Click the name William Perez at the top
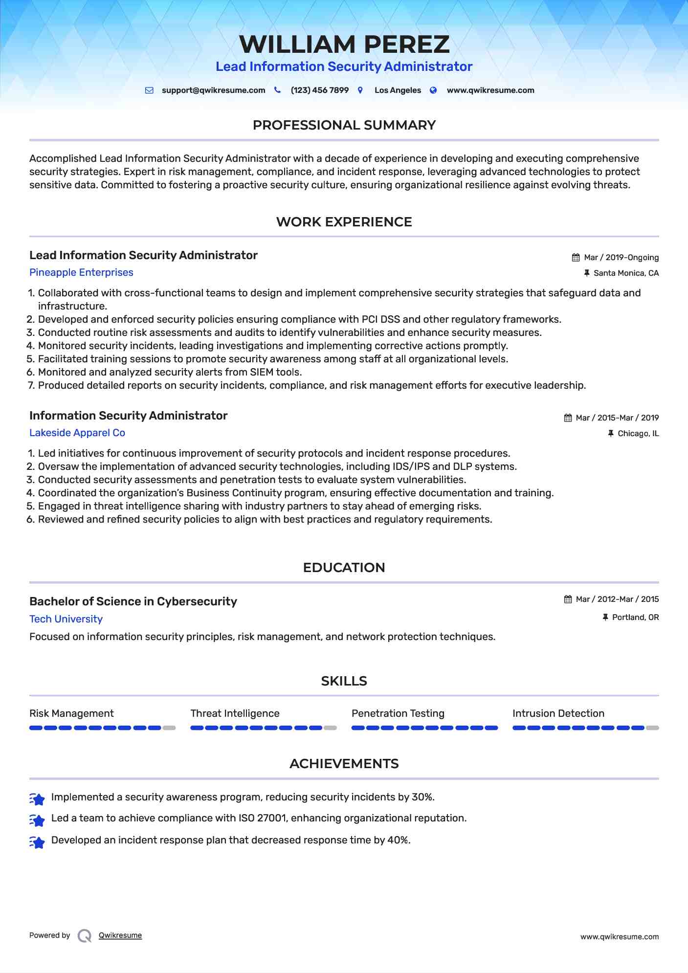click(344, 44)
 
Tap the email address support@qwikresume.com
click(213, 90)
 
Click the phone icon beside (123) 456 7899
click(277, 90)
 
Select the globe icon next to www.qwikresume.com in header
click(433, 90)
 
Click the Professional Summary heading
click(344, 125)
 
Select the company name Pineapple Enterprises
click(81, 272)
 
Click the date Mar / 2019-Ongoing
click(621, 258)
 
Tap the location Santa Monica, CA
click(626, 273)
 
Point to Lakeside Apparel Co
click(77, 433)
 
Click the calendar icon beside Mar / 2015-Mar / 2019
click(568, 418)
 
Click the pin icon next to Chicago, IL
click(610, 433)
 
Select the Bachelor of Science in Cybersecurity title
click(133, 601)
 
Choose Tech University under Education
click(66, 619)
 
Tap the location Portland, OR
click(635, 618)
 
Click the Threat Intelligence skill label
click(235, 713)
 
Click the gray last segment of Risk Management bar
click(169, 728)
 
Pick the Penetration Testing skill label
click(398, 713)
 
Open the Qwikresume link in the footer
click(120, 935)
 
